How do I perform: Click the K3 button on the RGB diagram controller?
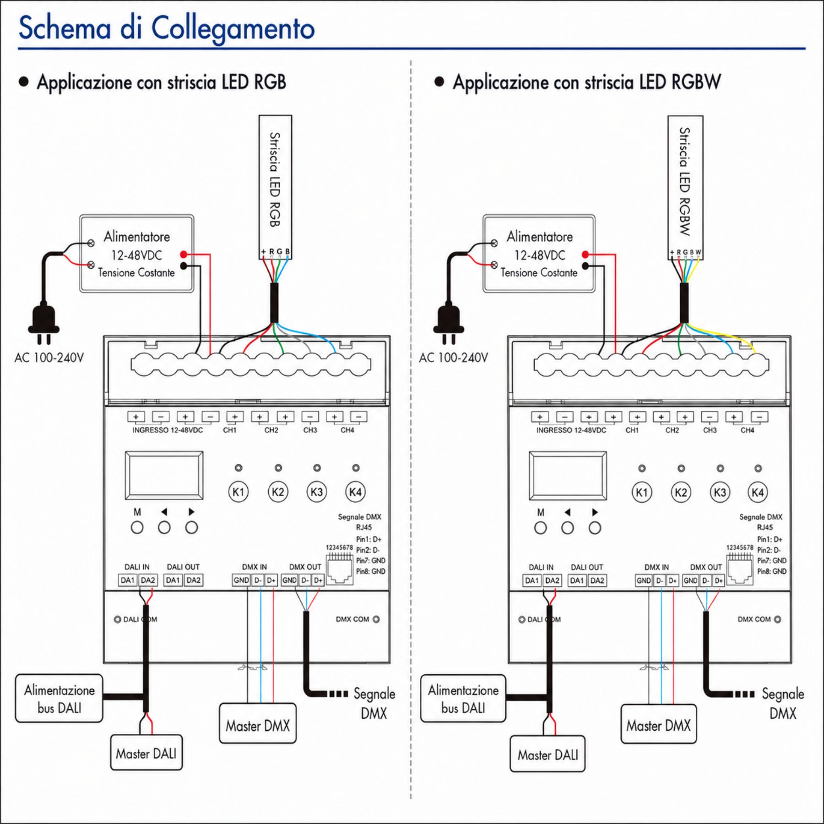[x=316, y=492]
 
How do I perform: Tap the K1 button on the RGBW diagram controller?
[x=642, y=493]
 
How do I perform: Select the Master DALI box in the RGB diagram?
[x=146, y=754]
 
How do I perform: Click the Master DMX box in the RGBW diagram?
[x=659, y=726]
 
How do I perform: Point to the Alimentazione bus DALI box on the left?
[x=59, y=699]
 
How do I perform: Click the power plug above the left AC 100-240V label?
[x=44, y=320]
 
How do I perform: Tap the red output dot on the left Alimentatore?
[x=184, y=254]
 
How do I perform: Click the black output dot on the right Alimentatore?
[x=585, y=266]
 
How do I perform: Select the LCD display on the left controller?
[x=164, y=475]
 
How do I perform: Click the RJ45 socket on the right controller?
[x=740, y=570]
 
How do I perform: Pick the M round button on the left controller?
[x=137, y=527]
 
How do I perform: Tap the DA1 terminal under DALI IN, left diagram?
[x=128, y=580]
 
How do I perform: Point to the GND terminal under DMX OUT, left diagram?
[x=289, y=580]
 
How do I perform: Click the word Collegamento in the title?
[x=233, y=28]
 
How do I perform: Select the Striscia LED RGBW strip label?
[x=685, y=181]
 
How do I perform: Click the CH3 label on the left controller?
[x=310, y=430]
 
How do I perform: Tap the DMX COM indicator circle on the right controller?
[x=777, y=619]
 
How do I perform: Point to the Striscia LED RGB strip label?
[x=275, y=179]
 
